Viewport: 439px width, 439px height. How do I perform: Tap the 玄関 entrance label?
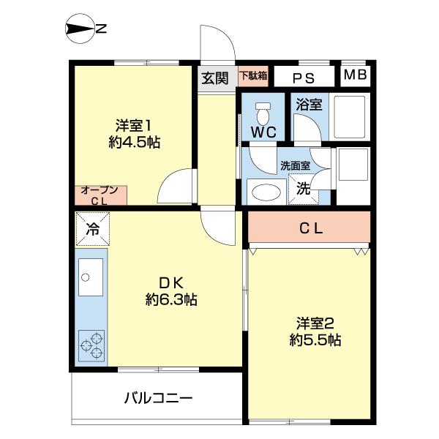[215, 77]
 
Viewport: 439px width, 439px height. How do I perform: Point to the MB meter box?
[356, 75]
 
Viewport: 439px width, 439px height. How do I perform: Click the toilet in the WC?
[263, 113]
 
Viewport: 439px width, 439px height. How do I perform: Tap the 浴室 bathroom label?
[309, 105]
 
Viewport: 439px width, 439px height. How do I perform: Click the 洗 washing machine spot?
[303, 188]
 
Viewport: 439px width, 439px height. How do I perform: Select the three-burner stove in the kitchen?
[92, 346]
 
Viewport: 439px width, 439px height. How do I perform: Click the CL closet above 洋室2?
[310, 228]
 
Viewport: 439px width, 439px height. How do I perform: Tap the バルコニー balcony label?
[157, 399]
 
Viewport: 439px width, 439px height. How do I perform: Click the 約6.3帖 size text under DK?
[170, 300]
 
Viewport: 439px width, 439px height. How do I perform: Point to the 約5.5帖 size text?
[315, 340]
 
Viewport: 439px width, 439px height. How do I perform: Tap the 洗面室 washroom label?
[295, 165]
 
